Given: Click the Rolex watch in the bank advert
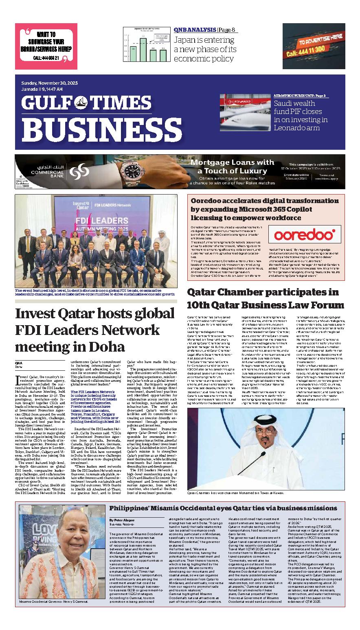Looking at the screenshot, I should pos(134,171).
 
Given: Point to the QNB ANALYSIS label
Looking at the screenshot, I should pos(195,30).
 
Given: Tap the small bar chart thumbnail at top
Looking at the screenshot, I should pos(145,44).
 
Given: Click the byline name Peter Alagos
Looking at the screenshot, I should pos(122,520).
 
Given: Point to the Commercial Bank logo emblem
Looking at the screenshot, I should pos(79,171).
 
